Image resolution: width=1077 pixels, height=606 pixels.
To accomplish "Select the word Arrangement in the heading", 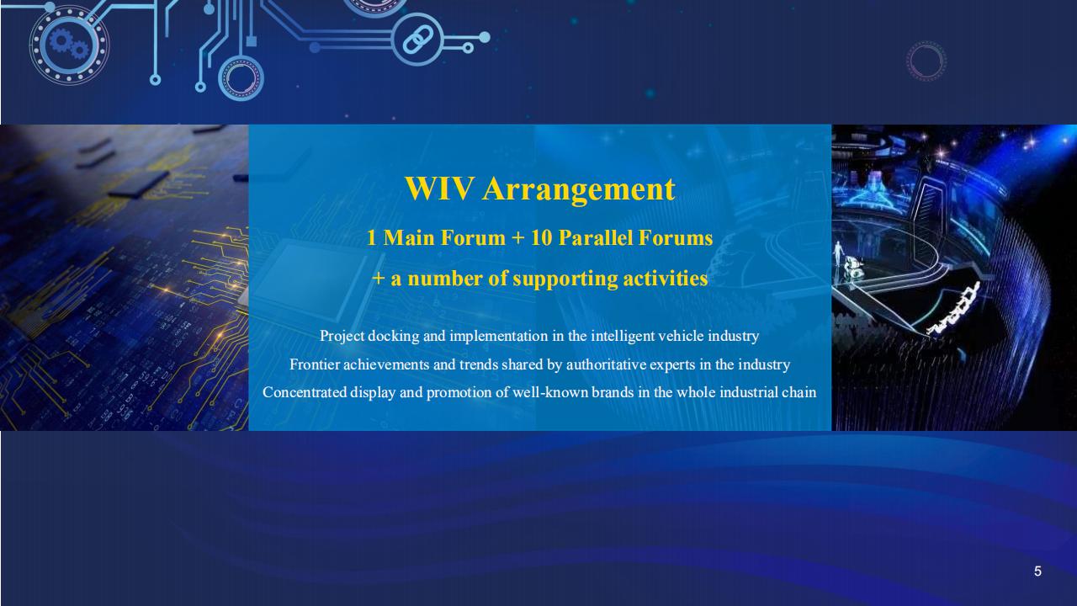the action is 579,190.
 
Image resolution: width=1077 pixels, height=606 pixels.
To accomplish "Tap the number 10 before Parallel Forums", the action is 541,238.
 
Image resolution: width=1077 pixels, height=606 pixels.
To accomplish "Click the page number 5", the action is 1037,571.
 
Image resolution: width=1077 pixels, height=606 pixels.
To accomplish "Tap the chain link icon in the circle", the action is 417,40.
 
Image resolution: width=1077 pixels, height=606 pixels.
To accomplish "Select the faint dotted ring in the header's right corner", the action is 926,61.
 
